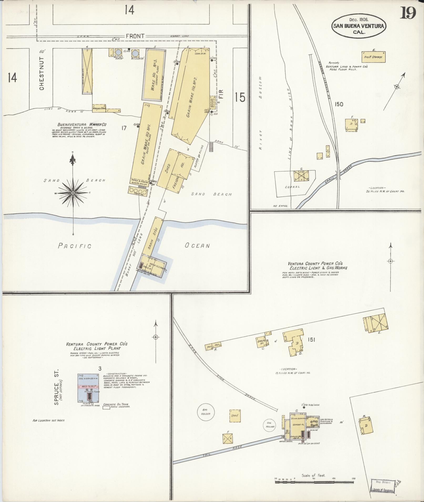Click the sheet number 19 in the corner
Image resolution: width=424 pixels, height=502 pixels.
tap(408, 13)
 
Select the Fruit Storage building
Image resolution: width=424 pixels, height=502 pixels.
tap(373, 57)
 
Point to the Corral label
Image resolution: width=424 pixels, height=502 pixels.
tap(292, 187)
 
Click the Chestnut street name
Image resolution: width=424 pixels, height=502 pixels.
tap(42, 73)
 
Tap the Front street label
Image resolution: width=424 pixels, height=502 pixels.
tap(135, 36)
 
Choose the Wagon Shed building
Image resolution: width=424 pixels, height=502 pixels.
tap(99, 108)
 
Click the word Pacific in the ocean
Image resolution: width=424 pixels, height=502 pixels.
tap(74, 246)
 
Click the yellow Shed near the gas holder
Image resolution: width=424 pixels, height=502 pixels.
tap(234, 415)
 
